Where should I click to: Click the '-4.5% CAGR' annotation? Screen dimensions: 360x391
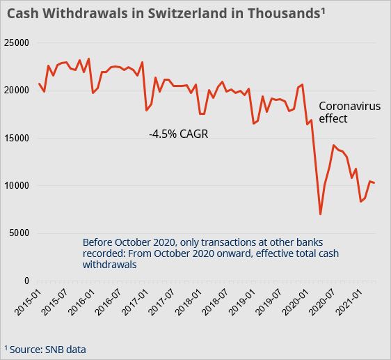178,133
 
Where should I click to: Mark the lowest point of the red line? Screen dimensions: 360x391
320,214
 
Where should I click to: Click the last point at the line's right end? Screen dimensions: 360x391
375,183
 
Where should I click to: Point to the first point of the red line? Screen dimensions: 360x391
40,84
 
